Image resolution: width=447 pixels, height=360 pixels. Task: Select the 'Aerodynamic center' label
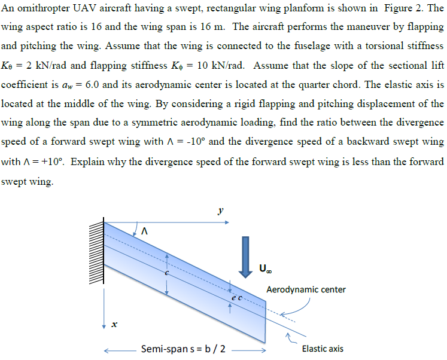click(x=306, y=289)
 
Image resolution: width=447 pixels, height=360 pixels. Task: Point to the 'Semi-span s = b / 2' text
click(x=183, y=349)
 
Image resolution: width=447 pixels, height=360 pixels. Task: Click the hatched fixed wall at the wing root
click(x=96, y=252)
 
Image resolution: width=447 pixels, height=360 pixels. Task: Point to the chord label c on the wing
click(x=168, y=272)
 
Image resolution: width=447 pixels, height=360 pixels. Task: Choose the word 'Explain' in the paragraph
click(x=95, y=161)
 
